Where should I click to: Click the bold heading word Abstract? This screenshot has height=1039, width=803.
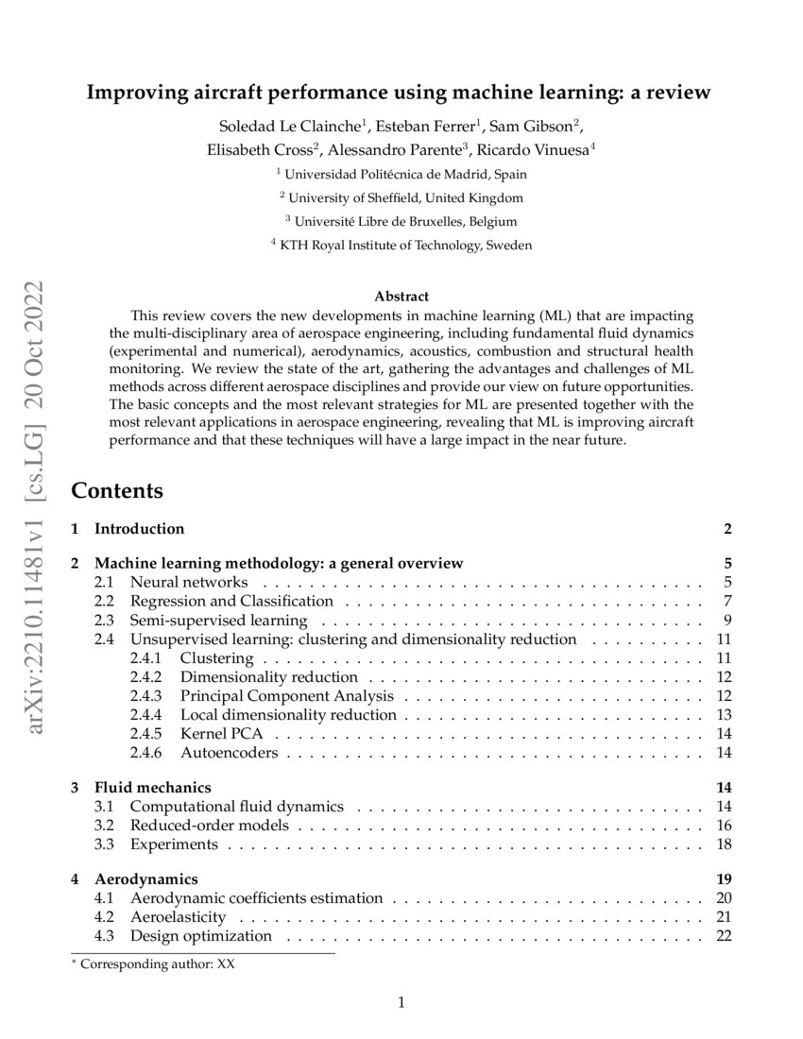point(401,296)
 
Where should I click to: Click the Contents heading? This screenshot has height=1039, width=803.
point(117,491)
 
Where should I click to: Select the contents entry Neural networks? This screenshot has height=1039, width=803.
point(189,582)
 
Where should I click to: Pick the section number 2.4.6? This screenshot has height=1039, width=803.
point(146,753)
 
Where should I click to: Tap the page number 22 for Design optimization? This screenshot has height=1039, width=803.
point(725,936)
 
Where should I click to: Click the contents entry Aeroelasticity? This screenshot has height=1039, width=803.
point(178,917)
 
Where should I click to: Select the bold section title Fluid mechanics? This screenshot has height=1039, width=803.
point(153,787)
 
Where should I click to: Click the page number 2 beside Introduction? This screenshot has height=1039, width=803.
point(727,529)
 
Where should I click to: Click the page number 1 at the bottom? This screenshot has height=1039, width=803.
point(401,1003)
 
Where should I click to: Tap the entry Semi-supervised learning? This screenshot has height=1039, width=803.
point(218,621)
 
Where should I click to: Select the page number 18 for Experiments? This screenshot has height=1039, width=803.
point(725,844)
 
